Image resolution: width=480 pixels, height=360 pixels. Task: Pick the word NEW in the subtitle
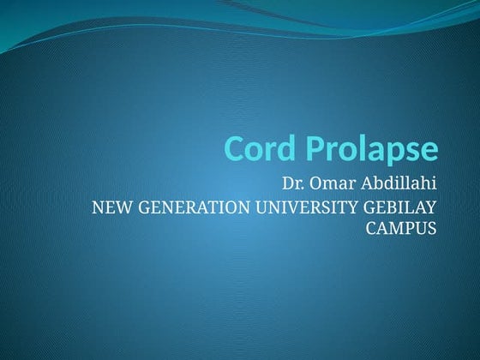tap(109, 207)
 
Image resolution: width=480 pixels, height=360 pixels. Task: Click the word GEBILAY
tap(400, 207)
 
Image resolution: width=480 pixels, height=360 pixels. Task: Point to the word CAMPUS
tap(402, 229)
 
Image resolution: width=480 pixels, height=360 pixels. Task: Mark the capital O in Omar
tap(317, 184)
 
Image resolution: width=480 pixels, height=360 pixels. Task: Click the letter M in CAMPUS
tap(398, 229)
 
